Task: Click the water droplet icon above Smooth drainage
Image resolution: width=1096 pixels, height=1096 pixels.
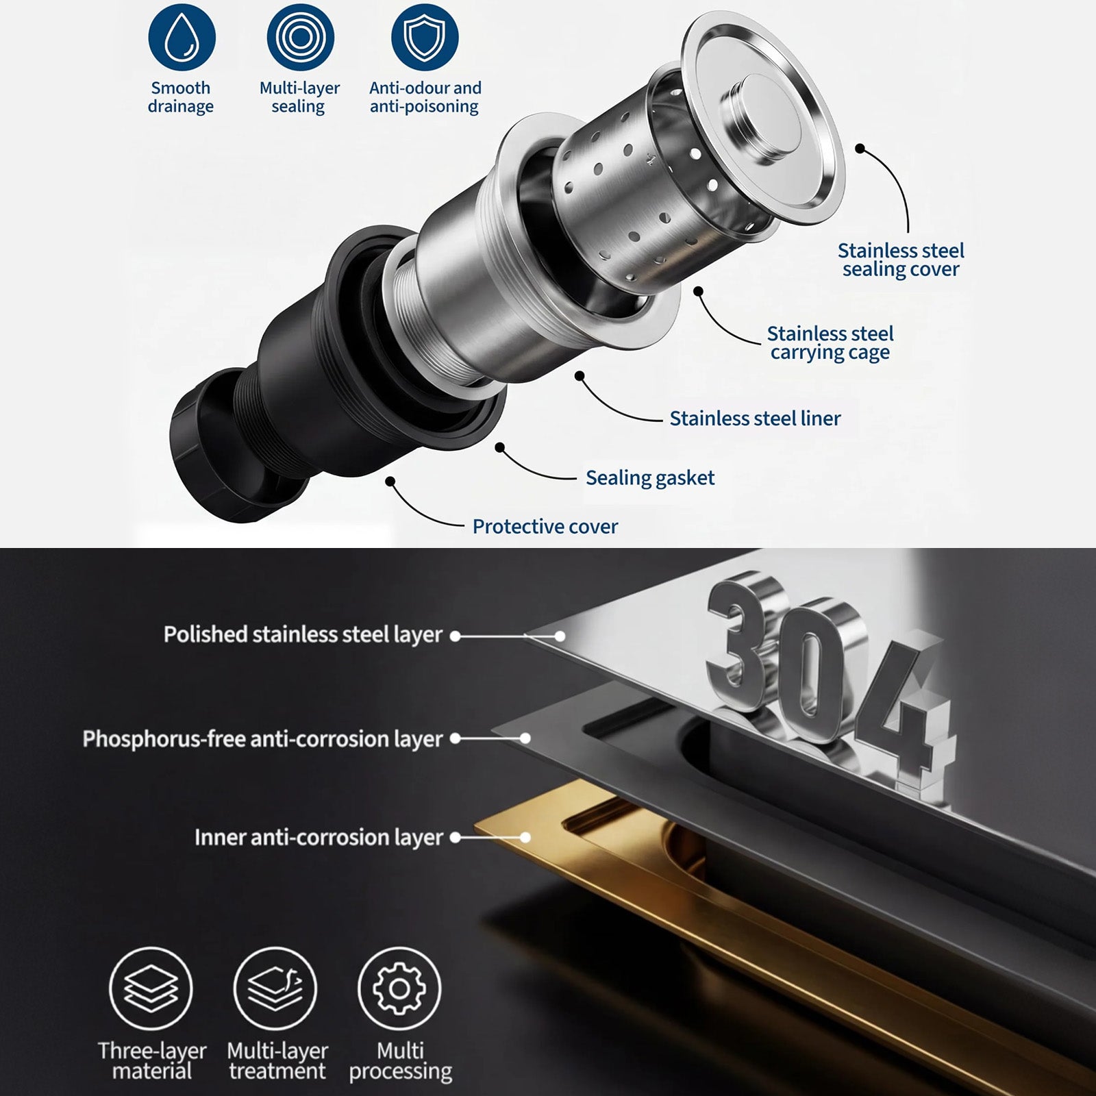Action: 182,37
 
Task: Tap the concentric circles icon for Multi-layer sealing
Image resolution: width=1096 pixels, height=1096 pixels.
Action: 300,37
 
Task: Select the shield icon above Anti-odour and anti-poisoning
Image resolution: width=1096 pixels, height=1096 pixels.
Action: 425,37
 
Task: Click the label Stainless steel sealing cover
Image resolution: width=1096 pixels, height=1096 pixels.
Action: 901,260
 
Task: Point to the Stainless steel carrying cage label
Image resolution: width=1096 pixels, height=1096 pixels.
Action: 830,342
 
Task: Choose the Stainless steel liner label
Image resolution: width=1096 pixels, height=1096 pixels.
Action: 755,419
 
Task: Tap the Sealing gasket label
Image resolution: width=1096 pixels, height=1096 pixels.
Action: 650,478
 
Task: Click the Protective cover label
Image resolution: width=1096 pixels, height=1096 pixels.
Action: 545,527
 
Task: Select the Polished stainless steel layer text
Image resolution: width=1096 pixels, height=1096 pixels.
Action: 303,635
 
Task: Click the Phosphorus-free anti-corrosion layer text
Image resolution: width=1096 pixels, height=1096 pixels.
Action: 263,739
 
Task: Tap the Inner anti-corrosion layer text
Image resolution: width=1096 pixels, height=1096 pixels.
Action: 319,838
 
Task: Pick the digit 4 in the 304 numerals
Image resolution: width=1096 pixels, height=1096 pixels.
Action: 904,712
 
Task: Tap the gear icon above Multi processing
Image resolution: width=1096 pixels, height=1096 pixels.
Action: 400,988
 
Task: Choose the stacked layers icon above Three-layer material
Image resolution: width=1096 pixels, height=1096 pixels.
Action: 151,988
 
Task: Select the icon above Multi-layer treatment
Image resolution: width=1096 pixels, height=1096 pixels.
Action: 275,988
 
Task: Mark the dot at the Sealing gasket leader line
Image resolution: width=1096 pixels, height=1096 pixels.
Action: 500,447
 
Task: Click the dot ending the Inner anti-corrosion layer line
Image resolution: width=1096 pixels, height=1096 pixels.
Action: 525,837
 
